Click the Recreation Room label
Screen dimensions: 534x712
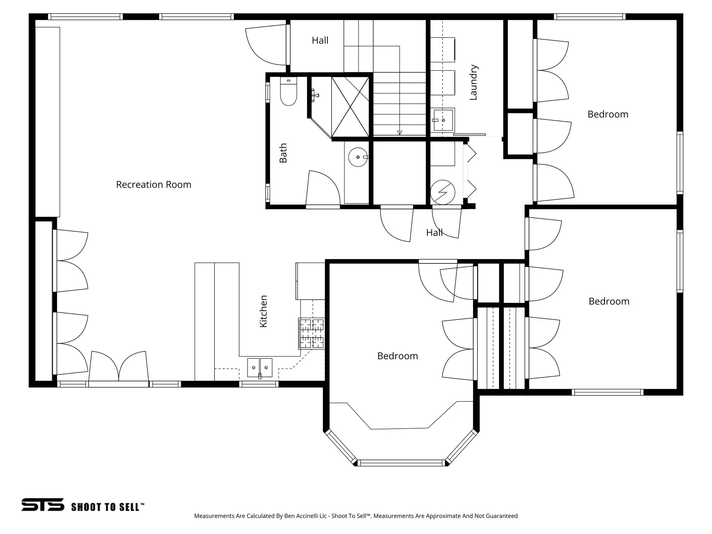pos(153,185)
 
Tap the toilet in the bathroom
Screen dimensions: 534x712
pos(288,92)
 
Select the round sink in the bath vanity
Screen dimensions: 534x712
pos(358,157)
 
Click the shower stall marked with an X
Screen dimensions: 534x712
pos(350,107)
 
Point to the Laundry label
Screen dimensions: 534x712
pos(474,82)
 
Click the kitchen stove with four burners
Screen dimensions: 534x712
pos(311,334)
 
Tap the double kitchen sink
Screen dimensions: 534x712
pos(260,368)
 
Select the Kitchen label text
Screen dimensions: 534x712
pos(264,311)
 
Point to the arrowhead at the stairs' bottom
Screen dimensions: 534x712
pos(399,132)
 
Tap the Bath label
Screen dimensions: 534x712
pos(283,153)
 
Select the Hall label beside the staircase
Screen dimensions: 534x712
pos(320,41)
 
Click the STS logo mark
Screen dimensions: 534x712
pos(43,504)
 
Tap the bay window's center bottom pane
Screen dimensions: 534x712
pos(401,463)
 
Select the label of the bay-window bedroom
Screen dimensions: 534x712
pos(397,356)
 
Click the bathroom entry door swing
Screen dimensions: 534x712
pos(322,189)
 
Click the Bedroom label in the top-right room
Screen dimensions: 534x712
pos(608,114)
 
